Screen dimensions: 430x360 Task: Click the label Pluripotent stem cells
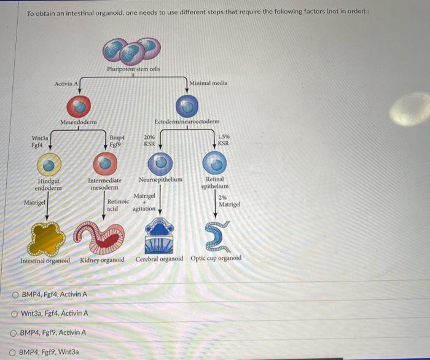pyautogui.click(x=133, y=69)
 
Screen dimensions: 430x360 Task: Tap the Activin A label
pyautogui.click(x=66, y=84)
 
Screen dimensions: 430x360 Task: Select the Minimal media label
pyautogui.click(x=208, y=83)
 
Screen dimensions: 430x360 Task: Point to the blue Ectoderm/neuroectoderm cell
pyautogui.click(x=187, y=107)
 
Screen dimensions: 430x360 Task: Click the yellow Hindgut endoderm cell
pyautogui.click(x=49, y=165)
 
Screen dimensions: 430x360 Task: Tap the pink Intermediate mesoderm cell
pyautogui.click(x=104, y=165)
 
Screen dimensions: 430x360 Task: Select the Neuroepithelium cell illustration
pyautogui.click(x=160, y=164)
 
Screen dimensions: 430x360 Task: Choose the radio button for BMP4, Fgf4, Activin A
pyautogui.click(x=15, y=294)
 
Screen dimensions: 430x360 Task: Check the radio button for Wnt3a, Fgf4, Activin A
pyautogui.click(x=15, y=313)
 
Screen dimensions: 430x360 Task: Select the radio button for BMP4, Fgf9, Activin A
pyautogui.click(x=15, y=333)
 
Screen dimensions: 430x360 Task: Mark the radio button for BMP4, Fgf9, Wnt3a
pyautogui.click(x=15, y=353)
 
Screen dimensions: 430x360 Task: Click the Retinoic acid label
pyautogui.click(x=118, y=205)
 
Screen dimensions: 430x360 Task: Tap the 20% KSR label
pyautogui.click(x=149, y=141)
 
